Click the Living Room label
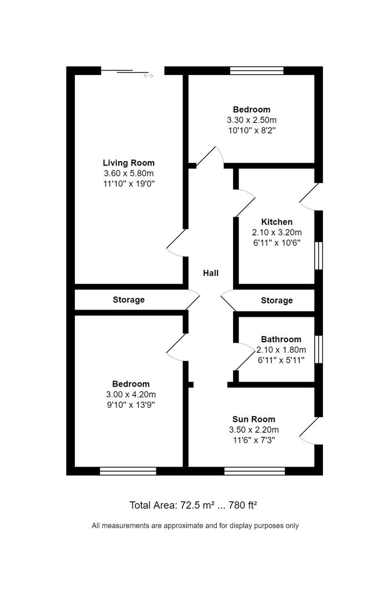tap(128, 163)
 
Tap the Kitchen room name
tap(277, 222)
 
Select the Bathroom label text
tap(281, 339)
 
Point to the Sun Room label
tap(254, 419)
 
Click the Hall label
tap(210, 273)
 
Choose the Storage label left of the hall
tap(129, 299)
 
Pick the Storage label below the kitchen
tap(276, 300)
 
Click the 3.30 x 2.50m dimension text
tap(251, 119)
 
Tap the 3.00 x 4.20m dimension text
tap(130, 394)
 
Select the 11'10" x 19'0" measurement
tap(128, 183)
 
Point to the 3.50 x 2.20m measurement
tap(254, 429)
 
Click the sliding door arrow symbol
tap(148, 76)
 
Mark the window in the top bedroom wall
tap(257, 70)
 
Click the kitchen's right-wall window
tap(319, 256)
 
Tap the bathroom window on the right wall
tap(319, 349)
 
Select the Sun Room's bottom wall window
tap(254, 471)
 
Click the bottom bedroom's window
tap(128, 471)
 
